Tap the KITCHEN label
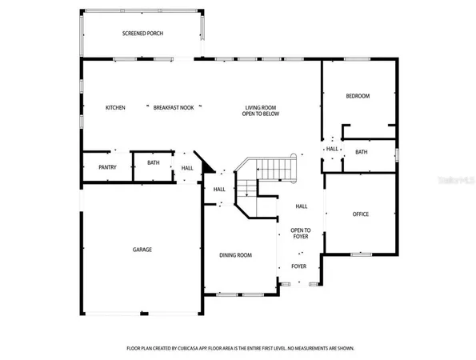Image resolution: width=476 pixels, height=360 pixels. [x=116, y=107]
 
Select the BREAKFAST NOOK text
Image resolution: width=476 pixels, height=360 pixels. [x=174, y=107]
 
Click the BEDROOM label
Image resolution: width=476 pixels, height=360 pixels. [x=358, y=96]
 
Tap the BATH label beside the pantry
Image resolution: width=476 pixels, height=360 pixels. [x=154, y=163]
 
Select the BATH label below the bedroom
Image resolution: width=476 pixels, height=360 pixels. [x=361, y=152]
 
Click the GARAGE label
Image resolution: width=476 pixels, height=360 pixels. [x=142, y=250]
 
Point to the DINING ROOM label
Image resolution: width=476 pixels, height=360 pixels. [x=236, y=255]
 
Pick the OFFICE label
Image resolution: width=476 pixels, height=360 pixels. [x=361, y=214]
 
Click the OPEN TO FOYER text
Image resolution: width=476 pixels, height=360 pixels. [x=299, y=233]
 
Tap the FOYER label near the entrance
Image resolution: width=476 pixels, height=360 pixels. [x=298, y=266]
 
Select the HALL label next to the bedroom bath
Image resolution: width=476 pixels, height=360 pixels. [x=331, y=149]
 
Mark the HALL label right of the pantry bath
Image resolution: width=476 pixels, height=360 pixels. [x=187, y=168]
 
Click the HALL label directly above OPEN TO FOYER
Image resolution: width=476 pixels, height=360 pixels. [x=302, y=206]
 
